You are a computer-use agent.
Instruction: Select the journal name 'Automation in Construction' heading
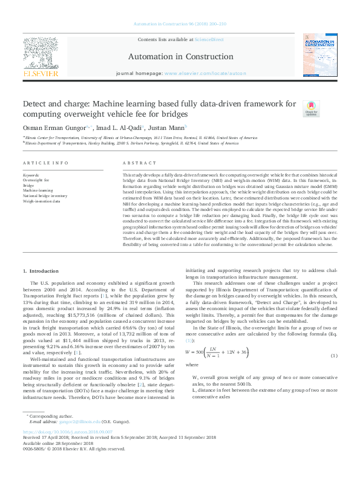180,57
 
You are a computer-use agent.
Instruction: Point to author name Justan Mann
166,128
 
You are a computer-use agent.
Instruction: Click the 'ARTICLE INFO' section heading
45,163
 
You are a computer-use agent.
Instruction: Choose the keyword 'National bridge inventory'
45,196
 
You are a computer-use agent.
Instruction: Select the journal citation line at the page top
180,25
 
